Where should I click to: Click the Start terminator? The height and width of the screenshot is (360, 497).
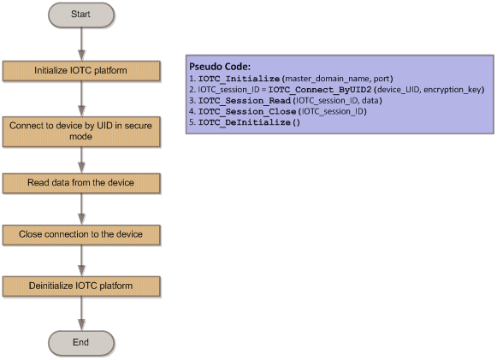pyautogui.click(x=81, y=15)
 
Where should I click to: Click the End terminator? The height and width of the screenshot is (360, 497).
pyautogui.click(x=81, y=343)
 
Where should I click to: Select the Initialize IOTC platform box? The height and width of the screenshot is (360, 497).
pyautogui.click(x=81, y=71)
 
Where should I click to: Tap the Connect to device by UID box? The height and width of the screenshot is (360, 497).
pyautogui.click(x=81, y=132)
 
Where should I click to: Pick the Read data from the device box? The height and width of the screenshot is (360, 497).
pyautogui.click(x=81, y=183)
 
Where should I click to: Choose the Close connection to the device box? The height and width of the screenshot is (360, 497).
pyautogui.click(x=81, y=235)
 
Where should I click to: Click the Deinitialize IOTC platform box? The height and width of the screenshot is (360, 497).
pyautogui.click(x=81, y=286)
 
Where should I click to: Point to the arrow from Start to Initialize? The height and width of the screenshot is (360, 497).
pyautogui.click(x=81, y=44)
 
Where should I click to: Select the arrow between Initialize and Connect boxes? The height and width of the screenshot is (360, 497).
pyautogui.click(x=81, y=99)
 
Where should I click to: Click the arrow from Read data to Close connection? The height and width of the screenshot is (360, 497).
pyautogui.click(x=81, y=210)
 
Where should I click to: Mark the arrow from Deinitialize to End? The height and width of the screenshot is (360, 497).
pyautogui.click(x=81, y=314)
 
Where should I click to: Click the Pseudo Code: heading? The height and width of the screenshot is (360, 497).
pyautogui.click(x=220, y=67)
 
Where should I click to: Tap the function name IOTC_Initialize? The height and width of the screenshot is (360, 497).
pyautogui.click(x=239, y=79)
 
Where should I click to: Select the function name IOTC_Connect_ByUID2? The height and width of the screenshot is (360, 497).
pyautogui.click(x=320, y=90)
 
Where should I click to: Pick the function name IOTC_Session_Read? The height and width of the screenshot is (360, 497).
pyautogui.click(x=245, y=100)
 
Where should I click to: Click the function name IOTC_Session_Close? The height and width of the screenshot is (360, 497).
pyautogui.click(x=247, y=111)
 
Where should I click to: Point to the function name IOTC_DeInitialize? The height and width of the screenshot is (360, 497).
pyautogui.click(x=245, y=122)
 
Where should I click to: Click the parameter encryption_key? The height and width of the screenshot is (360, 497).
pyautogui.click(x=453, y=90)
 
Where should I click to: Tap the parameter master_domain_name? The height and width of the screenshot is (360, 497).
pyautogui.click(x=327, y=79)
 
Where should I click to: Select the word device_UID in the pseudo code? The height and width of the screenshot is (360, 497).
pyautogui.click(x=399, y=90)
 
